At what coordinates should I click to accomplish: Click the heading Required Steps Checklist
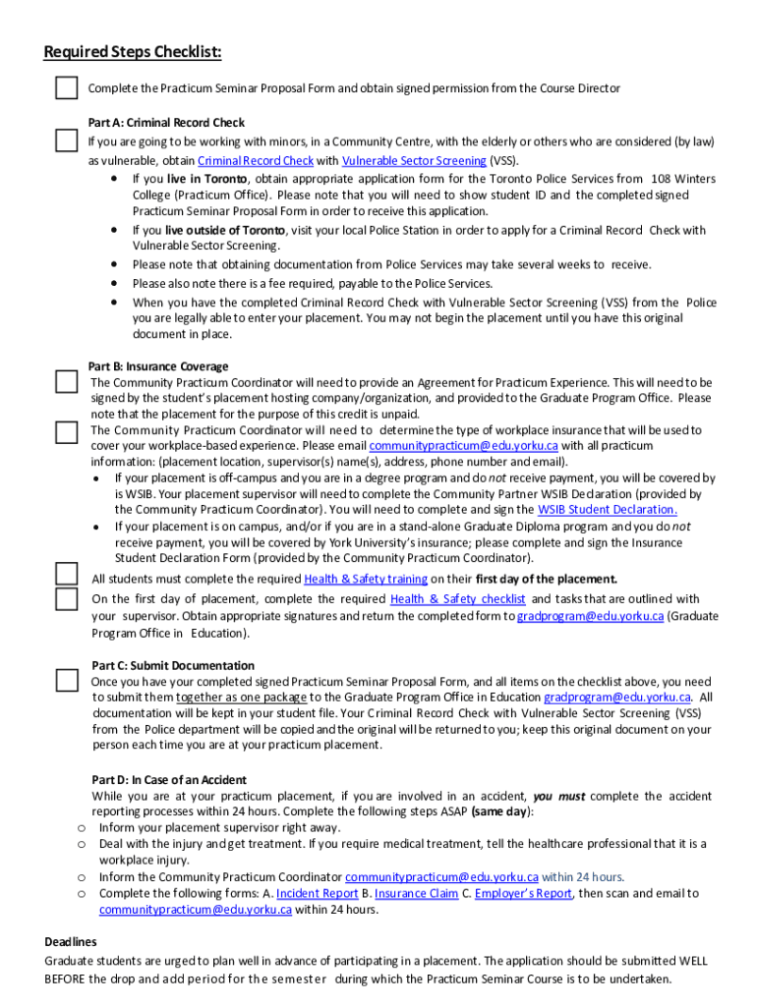click(x=133, y=51)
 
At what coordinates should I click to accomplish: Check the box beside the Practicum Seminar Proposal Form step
click(x=66, y=88)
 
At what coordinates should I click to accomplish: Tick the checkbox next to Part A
click(x=66, y=140)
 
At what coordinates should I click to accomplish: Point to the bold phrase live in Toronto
click(x=206, y=179)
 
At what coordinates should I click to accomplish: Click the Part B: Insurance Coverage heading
click(x=158, y=366)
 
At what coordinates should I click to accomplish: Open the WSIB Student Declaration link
click(x=607, y=510)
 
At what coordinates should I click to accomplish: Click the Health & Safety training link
click(x=366, y=579)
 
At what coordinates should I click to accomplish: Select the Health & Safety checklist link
click(x=457, y=598)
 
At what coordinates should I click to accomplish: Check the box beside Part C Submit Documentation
click(x=66, y=680)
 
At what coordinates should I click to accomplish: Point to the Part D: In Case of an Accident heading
click(x=169, y=780)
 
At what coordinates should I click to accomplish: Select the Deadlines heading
click(x=71, y=941)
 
